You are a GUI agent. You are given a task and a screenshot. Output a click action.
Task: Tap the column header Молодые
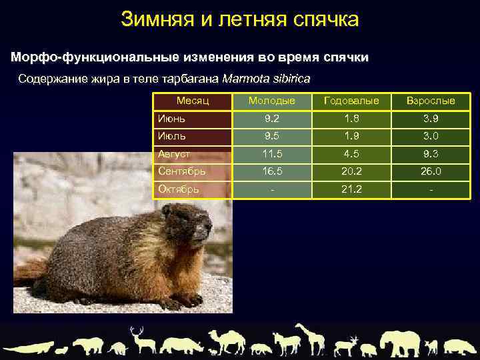(x=271, y=101)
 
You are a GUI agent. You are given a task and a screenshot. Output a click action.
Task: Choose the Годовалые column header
(x=351, y=101)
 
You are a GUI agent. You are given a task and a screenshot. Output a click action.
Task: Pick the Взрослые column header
(x=431, y=101)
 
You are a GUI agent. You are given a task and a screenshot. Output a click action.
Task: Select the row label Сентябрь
(x=182, y=171)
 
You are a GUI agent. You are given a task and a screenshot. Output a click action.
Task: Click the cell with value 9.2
(x=271, y=119)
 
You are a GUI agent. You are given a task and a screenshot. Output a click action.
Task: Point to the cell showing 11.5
(x=271, y=153)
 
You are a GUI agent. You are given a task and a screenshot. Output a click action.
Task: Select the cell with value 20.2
(x=351, y=171)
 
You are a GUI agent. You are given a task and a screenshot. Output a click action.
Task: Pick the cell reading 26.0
(x=431, y=171)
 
